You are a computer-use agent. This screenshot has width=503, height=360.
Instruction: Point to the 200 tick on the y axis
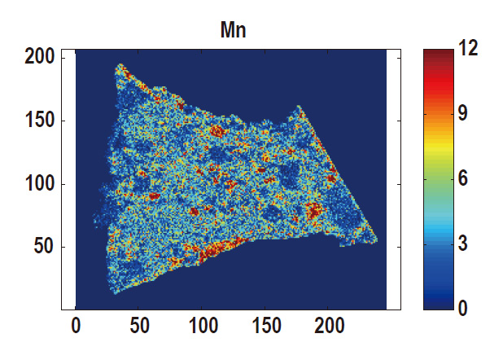[x=39, y=56]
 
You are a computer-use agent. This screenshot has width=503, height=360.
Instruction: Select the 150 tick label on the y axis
[x=39, y=121]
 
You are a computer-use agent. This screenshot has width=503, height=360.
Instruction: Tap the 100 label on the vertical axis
[x=39, y=184]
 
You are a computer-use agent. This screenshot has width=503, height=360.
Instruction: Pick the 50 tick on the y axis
[x=44, y=247]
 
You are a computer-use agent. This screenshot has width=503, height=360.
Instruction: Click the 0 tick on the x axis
[x=76, y=327]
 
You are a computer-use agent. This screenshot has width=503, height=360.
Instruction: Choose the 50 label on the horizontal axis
[x=139, y=327]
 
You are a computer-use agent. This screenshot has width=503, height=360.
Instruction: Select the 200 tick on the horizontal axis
[x=329, y=327]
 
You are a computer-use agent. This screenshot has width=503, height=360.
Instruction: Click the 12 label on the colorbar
[x=467, y=48]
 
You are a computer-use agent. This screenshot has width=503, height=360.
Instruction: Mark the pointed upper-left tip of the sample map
[x=120, y=64]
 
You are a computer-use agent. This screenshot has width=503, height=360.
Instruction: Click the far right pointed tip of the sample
[x=376, y=241]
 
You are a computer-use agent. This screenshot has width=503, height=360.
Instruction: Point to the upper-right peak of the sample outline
[x=299, y=106]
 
